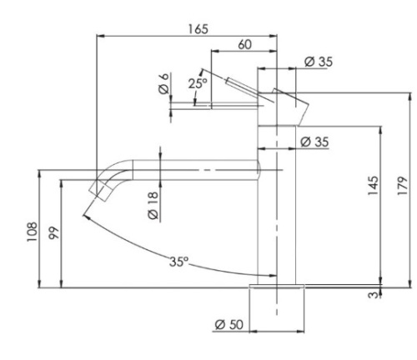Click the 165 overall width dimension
coord(197,27)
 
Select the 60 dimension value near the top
coord(244,45)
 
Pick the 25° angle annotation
coord(197,83)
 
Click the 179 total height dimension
coord(404,185)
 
